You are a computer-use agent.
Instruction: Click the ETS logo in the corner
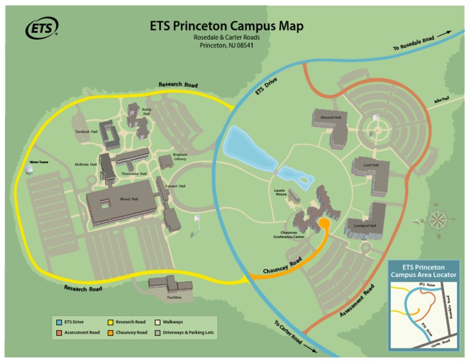pyautogui.click(x=42, y=28)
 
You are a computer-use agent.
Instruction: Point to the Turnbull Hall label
pyautogui.click(x=86, y=131)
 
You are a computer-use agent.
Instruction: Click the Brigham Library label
pyautogui.click(x=180, y=157)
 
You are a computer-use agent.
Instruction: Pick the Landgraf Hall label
pyautogui.click(x=365, y=226)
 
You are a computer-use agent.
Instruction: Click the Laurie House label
pyautogui.click(x=280, y=193)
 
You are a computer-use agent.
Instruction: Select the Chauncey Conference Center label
pyautogui.click(x=288, y=235)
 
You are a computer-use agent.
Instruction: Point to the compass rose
pyautogui.click(x=438, y=219)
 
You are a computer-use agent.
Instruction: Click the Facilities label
pyautogui.click(x=174, y=298)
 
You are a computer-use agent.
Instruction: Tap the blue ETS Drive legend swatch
pyautogui.click(x=59, y=321)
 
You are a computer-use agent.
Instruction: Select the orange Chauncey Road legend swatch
pyautogui.click(x=110, y=332)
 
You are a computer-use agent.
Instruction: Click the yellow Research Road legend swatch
pyautogui.click(x=110, y=321)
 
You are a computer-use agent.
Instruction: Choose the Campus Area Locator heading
pyautogui.click(x=423, y=271)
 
